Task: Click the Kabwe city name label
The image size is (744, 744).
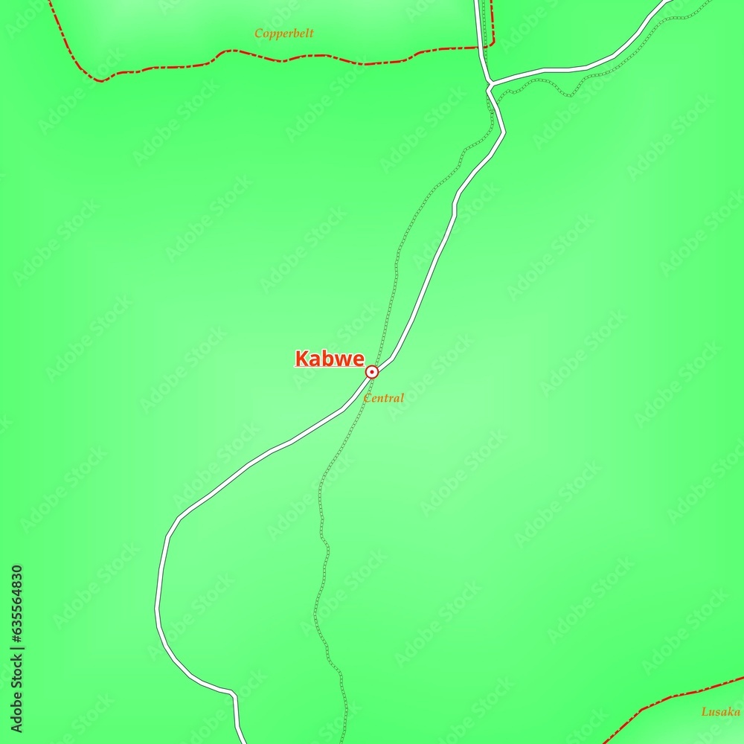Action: coord(330,359)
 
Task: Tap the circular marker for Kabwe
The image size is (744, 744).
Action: coord(371,371)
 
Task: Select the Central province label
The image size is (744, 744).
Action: coord(384,398)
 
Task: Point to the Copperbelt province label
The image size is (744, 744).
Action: coord(283,33)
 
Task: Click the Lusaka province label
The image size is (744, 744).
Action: coord(720,712)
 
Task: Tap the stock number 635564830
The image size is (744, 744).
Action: coord(16,603)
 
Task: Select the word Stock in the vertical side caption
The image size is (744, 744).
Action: coord(16,674)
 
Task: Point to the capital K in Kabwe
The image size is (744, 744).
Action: coord(302,359)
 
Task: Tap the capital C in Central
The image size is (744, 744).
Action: coord(367,398)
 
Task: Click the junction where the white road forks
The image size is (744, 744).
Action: coord(489,83)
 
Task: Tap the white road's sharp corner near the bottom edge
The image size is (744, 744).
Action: coord(234,695)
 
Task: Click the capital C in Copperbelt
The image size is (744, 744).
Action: coord(258,33)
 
